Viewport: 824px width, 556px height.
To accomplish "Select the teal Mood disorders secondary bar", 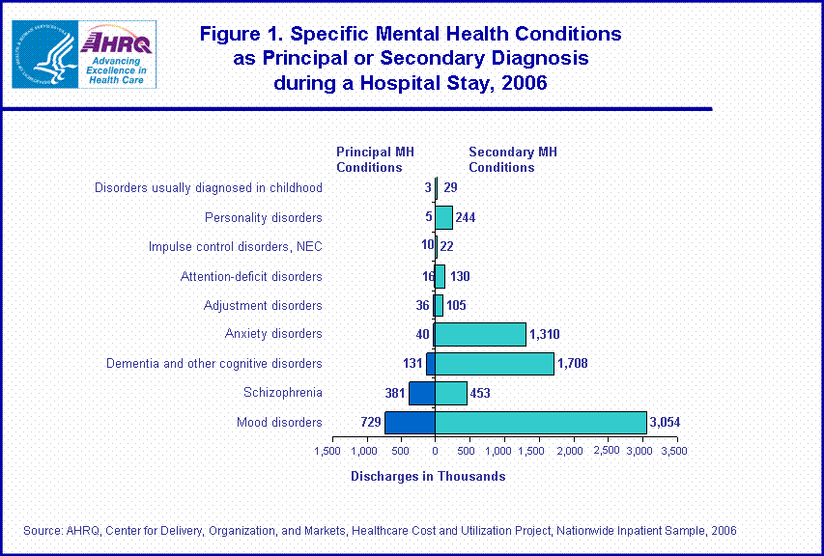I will click(x=541, y=423).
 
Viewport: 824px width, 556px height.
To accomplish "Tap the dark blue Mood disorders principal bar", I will click(x=410, y=423).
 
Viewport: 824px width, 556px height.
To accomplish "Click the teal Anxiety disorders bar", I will click(x=481, y=334).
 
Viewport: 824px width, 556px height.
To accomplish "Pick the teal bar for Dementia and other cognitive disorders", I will click(x=495, y=364).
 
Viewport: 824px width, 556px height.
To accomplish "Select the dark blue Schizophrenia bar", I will click(x=421, y=393).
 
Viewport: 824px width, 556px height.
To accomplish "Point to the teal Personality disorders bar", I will click(x=443, y=217).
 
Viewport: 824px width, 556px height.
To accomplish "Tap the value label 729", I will click(x=367, y=423).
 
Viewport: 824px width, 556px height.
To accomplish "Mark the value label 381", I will click(x=394, y=393).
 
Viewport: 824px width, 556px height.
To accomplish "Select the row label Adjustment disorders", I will click(x=263, y=306).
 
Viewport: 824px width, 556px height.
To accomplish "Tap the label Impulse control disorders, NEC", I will click(x=235, y=247).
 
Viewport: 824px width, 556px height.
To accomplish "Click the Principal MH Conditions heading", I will click(x=375, y=159).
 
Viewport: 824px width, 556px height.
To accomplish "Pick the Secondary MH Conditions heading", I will click(x=512, y=159).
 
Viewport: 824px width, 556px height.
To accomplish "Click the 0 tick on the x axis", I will click(x=435, y=451).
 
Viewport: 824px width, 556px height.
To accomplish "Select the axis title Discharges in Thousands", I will click(x=427, y=476).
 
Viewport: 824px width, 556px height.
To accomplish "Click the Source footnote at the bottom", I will click(x=380, y=530).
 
